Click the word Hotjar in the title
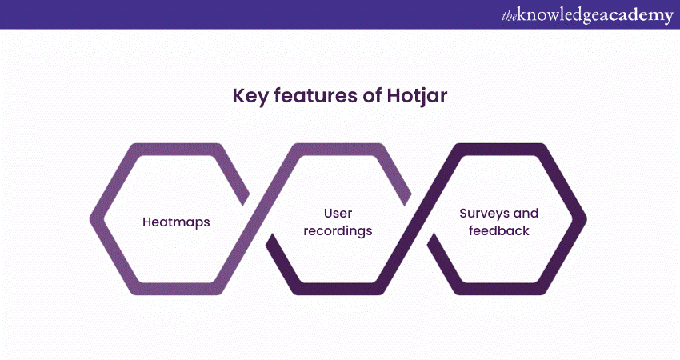coord(417,96)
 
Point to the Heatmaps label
coord(176,222)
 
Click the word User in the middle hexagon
coord(338,213)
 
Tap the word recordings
coord(338,231)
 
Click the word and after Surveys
coord(526,213)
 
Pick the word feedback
coord(498,230)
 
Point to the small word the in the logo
coord(510,16)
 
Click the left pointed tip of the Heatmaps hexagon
coord(91,219)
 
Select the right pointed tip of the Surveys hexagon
coord(586,219)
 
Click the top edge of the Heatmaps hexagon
coord(176,150)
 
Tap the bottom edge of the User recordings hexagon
coord(338,289)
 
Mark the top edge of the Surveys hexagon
coord(498,150)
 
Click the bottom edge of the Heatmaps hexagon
coord(176,289)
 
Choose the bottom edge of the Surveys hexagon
coord(498,289)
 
